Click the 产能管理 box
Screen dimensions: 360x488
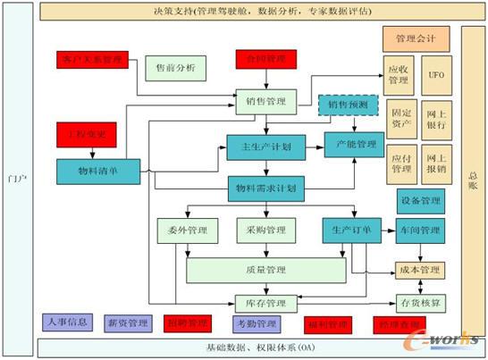click(x=354, y=144)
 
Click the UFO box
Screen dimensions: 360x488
click(x=436, y=75)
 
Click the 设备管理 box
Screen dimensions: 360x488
click(x=418, y=200)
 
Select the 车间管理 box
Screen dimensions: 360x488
click(x=418, y=230)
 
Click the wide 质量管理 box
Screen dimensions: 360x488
click(x=265, y=269)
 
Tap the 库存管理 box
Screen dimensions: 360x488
click(x=265, y=303)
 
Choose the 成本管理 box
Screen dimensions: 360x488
click(x=418, y=269)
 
